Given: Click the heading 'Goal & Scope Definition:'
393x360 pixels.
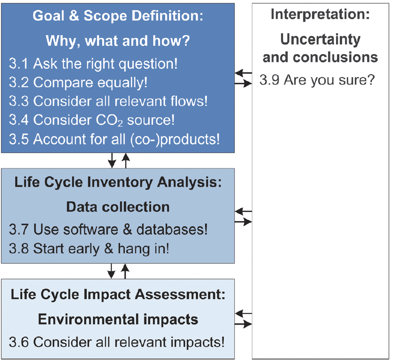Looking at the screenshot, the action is (x=118, y=16).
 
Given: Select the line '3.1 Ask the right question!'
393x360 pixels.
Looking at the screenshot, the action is (x=93, y=63).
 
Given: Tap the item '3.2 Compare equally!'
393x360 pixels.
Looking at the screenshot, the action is (x=78, y=82).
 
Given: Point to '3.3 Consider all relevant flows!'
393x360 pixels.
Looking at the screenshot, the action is (x=108, y=101).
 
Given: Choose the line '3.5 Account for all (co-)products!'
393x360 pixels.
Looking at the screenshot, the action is (x=114, y=139).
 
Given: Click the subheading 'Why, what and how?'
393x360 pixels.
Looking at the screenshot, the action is (x=118, y=41).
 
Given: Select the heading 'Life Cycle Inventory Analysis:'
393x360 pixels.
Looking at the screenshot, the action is (x=118, y=182).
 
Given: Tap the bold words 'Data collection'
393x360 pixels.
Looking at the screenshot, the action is (x=118, y=207).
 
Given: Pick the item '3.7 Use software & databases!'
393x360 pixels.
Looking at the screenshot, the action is (x=108, y=229).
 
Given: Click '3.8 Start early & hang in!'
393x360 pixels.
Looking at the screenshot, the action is (x=89, y=249).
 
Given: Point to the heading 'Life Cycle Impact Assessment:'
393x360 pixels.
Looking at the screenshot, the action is (x=118, y=294).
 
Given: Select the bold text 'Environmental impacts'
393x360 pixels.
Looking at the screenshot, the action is (x=118, y=320).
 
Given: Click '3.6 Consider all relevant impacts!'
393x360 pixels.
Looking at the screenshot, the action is (x=117, y=342).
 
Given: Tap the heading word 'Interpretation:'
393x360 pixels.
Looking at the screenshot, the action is (x=320, y=14).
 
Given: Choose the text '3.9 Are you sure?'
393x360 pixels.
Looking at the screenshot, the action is (x=317, y=80).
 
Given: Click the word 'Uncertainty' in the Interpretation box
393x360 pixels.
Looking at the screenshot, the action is (x=320, y=40).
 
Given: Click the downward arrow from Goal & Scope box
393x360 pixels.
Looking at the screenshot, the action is (x=112, y=160).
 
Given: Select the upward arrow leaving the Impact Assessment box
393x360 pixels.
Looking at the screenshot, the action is (x=125, y=271).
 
